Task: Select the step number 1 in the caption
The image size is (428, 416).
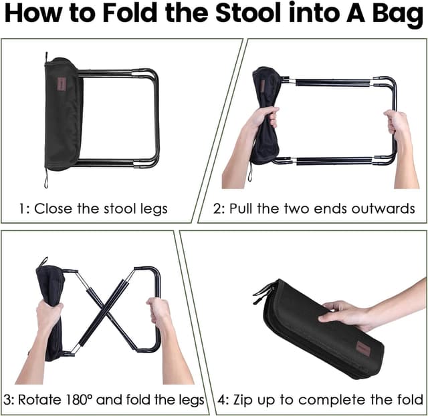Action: pyautogui.click(x=22, y=208)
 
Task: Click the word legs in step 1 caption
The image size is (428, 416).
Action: pyautogui.click(x=152, y=208)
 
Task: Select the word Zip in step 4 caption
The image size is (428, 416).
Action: pyautogui.click(x=251, y=400)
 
